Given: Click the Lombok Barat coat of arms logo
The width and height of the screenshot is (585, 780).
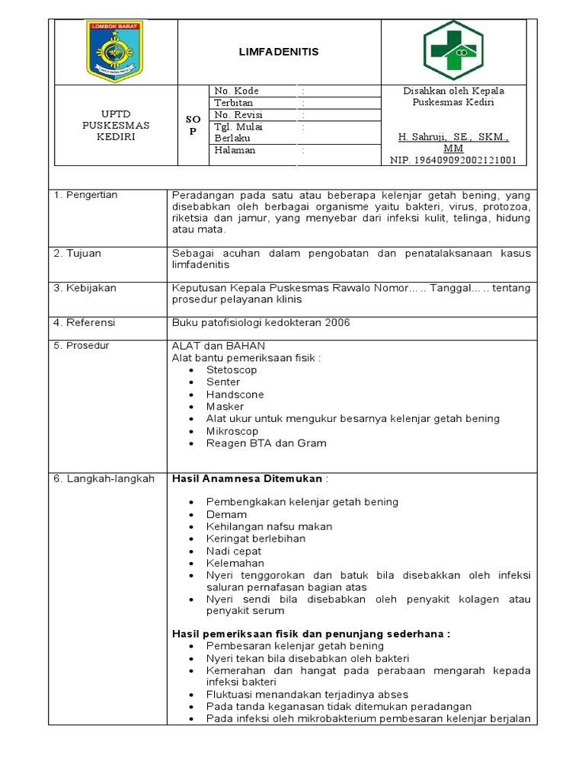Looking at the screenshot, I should click(x=114, y=51).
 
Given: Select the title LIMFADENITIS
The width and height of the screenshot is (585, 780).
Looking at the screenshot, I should click(x=279, y=52).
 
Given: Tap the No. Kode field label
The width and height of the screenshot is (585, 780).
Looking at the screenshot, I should click(x=237, y=91).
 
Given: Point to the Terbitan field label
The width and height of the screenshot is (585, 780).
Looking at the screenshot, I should click(x=234, y=103).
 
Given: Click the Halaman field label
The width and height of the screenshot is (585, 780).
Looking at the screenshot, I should click(x=235, y=150).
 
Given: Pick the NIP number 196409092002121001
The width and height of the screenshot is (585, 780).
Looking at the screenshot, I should click(x=453, y=161).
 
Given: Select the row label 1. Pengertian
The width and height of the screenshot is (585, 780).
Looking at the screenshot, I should click(x=85, y=195).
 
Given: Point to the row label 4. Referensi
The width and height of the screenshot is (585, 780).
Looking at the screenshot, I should click(x=83, y=323).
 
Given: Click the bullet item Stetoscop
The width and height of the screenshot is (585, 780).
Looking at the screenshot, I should click(x=232, y=370).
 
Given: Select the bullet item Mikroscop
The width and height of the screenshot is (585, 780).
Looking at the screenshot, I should click(x=232, y=431).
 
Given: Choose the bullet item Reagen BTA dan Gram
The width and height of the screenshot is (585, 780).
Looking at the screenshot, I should click(x=266, y=443).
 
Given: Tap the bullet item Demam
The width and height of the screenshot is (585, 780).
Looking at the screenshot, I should click(x=226, y=515).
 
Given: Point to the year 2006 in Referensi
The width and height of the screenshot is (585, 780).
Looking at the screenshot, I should click(x=337, y=323).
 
